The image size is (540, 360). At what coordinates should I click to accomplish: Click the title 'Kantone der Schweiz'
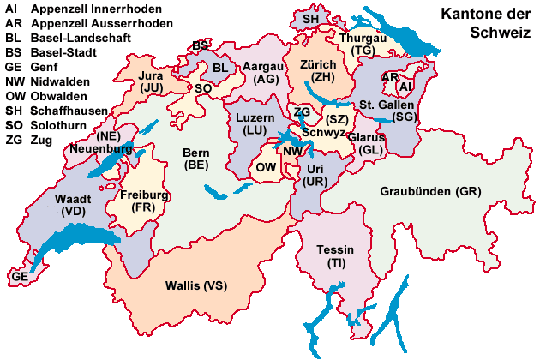(x=486, y=24)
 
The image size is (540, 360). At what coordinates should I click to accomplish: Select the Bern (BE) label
(x=196, y=159)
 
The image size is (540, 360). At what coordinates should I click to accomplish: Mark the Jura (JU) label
(x=152, y=81)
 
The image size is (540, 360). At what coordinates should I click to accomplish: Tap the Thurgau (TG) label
(x=363, y=45)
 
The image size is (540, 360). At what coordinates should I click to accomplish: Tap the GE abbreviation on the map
(x=19, y=278)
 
